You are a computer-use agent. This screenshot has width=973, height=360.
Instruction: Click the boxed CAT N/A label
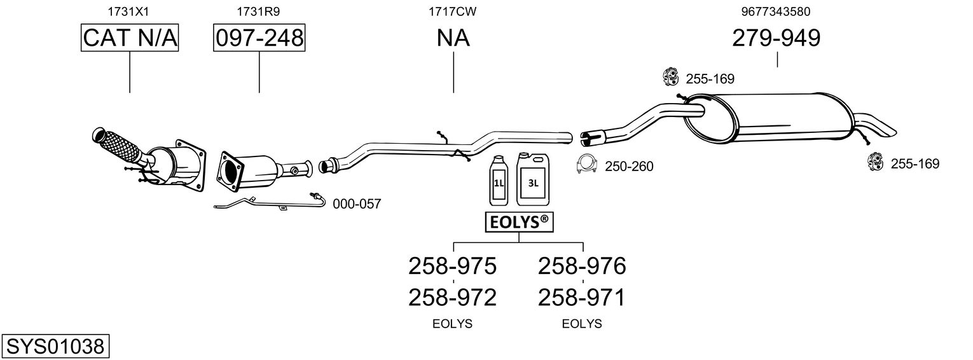tap(130, 39)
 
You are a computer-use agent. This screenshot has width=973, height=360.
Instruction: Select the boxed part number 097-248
tap(259, 39)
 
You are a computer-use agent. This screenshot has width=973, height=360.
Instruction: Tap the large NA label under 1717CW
tap(453, 39)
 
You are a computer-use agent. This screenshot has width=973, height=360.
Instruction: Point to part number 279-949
tap(776, 39)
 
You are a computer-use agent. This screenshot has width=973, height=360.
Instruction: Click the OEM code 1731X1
tap(130, 11)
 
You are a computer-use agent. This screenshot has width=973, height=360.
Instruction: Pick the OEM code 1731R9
tap(259, 11)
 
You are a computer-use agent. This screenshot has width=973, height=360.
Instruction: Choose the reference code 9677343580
tap(776, 11)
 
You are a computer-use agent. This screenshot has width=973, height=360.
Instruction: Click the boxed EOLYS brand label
tap(519, 222)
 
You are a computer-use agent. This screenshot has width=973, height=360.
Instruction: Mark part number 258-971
tap(582, 297)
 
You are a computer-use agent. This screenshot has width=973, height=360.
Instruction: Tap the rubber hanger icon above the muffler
tap(670, 77)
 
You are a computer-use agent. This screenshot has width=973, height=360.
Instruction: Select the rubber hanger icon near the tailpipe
tap(875, 162)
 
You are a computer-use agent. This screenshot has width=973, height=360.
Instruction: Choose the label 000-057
tap(357, 204)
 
